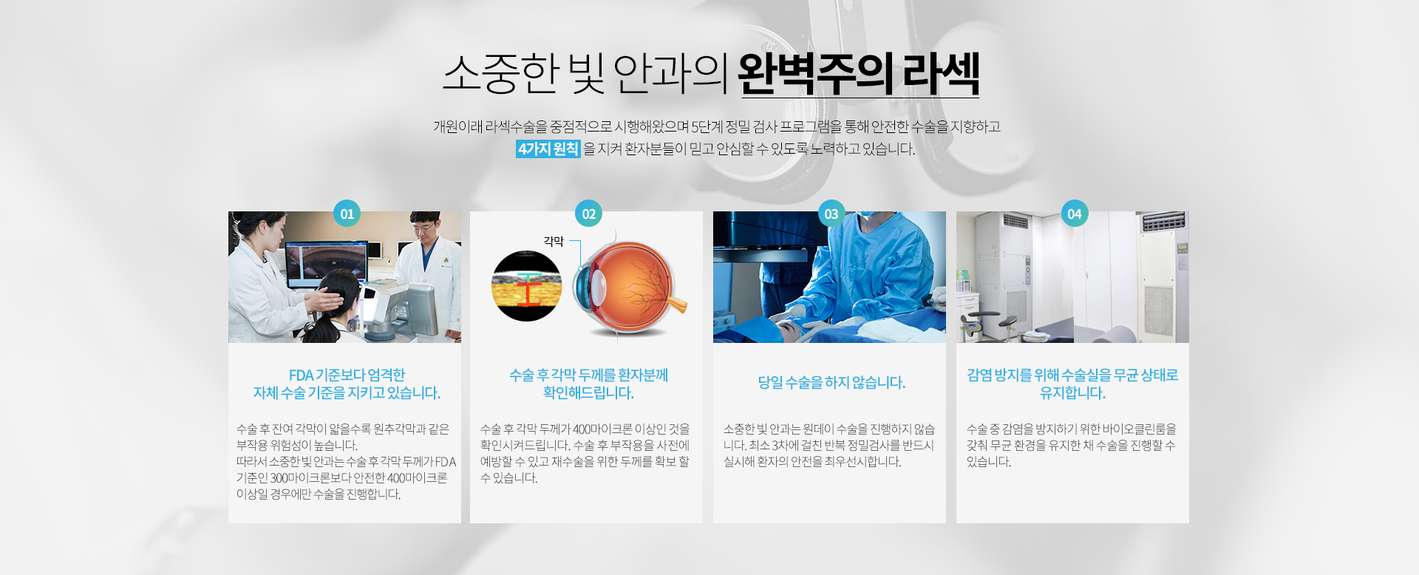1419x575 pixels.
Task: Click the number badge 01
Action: tap(347, 214)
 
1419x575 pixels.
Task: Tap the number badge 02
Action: tap(588, 214)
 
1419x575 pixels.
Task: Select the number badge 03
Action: tap(831, 214)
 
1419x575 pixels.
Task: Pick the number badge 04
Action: tap(1074, 214)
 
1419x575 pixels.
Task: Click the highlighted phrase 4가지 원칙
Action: tap(548, 149)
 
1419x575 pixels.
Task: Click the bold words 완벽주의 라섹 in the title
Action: tap(859, 74)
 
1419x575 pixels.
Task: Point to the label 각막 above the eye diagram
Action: tap(554, 241)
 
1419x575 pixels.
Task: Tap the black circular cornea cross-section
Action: tap(526, 286)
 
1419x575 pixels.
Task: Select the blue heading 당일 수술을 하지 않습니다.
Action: tap(831, 382)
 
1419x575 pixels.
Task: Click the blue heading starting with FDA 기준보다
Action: tap(347, 384)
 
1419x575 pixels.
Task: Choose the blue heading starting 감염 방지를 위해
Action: tap(1072, 384)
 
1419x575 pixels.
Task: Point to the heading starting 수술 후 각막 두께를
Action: tap(588, 384)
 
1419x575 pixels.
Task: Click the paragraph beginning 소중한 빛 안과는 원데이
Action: tap(829, 445)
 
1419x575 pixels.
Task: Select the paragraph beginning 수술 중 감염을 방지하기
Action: tap(1072, 445)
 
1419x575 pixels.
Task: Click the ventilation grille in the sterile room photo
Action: tap(1158, 303)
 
